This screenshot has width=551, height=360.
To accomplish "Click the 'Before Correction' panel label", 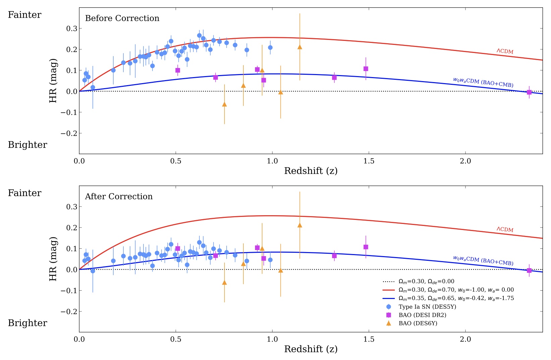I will tap(122, 18).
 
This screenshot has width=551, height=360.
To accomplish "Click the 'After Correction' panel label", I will tap(119, 196).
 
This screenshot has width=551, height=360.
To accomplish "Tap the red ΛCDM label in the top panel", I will tap(505, 51).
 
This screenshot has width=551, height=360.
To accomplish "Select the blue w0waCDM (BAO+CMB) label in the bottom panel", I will tap(483, 260).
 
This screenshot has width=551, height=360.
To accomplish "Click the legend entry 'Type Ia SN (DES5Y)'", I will tap(427, 307).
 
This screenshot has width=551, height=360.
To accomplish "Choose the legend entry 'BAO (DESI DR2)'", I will tap(422, 315).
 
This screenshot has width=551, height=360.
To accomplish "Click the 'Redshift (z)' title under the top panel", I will tap(311, 171).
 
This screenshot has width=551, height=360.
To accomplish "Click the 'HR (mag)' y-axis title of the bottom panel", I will tap(53, 259).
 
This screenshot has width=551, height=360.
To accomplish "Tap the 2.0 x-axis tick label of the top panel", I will tap(465, 161).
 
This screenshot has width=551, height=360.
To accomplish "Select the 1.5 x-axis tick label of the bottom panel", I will tap(369, 339).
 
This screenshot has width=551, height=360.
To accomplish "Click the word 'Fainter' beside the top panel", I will tap(24, 15).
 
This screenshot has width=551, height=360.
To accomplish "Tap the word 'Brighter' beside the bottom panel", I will tap(27, 323).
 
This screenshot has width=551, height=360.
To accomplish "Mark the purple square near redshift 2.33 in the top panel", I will tap(529, 92).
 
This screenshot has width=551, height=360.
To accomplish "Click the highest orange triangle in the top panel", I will tap(300, 47).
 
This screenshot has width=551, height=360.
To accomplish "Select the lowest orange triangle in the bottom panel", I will tap(224, 283).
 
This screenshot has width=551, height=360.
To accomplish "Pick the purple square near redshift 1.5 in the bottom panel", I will tap(366, 247).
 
